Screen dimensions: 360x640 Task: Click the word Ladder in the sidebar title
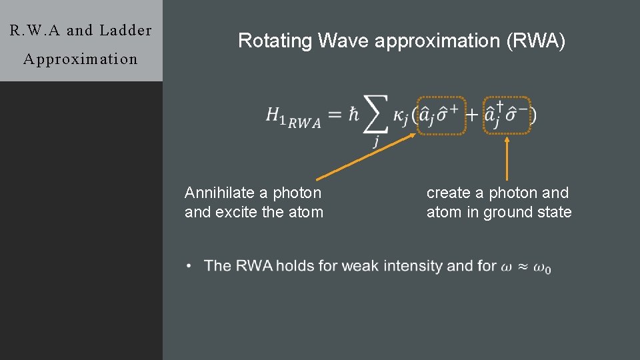click(125, 31)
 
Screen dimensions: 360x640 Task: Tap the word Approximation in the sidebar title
click(80, 59)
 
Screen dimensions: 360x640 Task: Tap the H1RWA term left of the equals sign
click(293, 117)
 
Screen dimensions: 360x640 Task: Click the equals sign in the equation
click(337, 115)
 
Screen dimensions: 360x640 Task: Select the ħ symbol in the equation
click(353, 115)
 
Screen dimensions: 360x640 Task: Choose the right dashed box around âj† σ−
click(507, 115)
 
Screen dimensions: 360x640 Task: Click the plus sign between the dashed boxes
click(471, 115)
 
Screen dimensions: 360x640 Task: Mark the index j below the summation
click(376, 141)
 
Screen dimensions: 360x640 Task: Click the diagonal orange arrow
click(367, 157)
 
